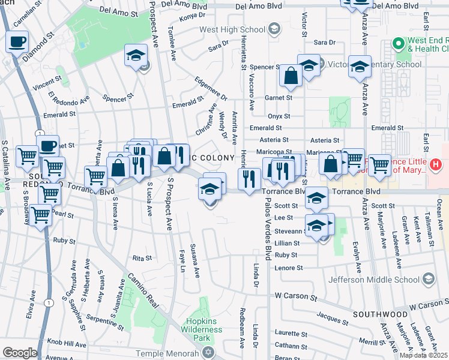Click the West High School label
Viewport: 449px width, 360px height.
tap(232, 29)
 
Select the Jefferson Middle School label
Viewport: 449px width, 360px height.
tap(374, 280)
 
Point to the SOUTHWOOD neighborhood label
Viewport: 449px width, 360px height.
tap(380, 314)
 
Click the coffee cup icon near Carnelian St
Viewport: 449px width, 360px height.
tap(17, 42)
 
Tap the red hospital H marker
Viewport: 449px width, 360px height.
tap(436, 163)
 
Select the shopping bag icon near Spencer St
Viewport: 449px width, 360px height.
tap(291, 76)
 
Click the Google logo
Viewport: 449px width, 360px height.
tap(20, 353)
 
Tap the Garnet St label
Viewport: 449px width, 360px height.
tap(280, 97)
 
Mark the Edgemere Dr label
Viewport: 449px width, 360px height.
tap(211, 88)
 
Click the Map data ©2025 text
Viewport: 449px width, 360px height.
tap(424, 355)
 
